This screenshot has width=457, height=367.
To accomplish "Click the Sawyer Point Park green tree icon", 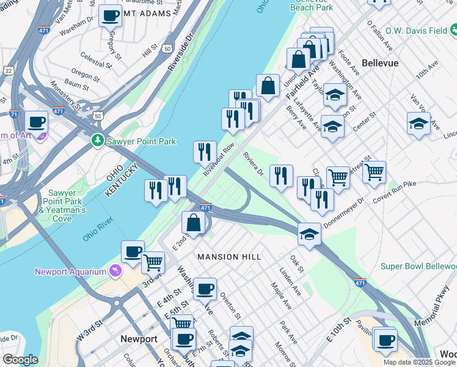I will [97, 141].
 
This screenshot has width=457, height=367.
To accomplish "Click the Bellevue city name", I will [380, 63].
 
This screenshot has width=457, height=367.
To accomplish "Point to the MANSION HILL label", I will [229, 257].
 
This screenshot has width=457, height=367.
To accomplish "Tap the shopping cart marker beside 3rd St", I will [153, 262].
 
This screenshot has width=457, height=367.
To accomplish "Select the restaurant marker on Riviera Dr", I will [281, 176].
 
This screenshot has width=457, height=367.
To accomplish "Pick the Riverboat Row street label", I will [219, 160].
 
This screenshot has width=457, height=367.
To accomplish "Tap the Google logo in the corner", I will [20, 360].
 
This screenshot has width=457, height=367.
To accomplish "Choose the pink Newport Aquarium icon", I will [113, 270].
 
